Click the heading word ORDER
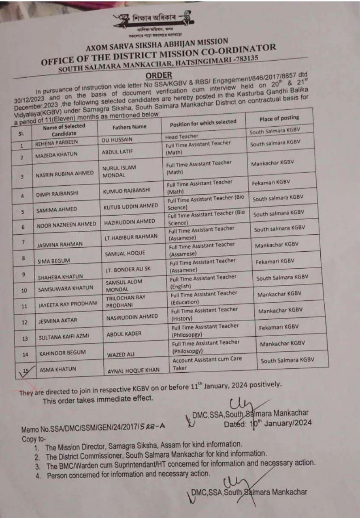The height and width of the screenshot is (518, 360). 159,75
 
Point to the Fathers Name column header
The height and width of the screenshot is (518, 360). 129,127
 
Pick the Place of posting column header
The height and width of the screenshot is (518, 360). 279,118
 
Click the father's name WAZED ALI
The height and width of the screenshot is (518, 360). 120,355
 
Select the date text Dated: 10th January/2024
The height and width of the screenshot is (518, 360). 268,423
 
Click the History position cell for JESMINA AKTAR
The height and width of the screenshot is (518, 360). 204,314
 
